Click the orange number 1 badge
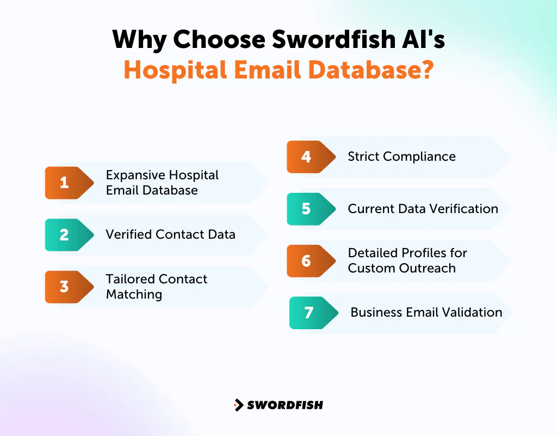(x=65, y=183)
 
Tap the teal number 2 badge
(x=65, y=235)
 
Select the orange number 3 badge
(x=65, y=287)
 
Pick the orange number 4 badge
(x=307, y=157)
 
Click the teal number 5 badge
(x=307, y=209)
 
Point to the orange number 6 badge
(x=307, y=261)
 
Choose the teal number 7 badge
(x=309, y=313)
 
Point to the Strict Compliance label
(x=402, y=157)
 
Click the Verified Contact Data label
(x=170, y=235)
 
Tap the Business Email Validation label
(x=426, y=313)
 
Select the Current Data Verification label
(x=423, y=209)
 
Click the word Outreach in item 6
(x=430, y=268)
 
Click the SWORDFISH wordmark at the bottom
(x=285, y=405)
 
